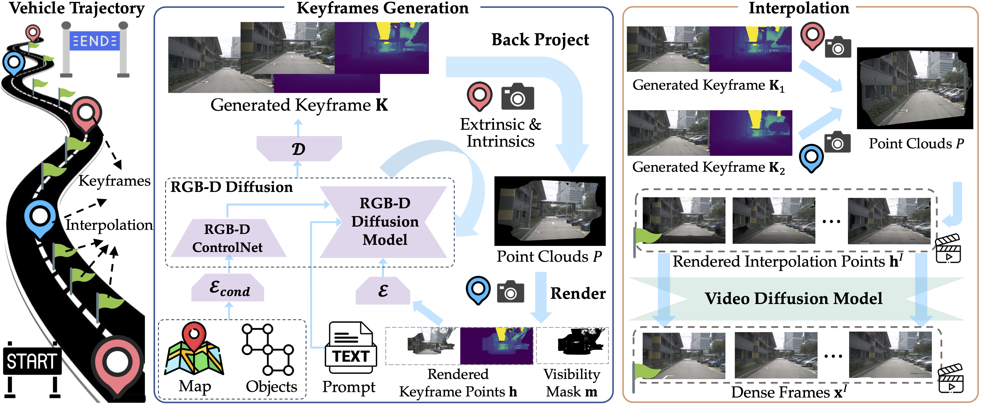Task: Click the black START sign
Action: (x=32, y=360)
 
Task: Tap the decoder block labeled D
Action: (x=299, y=149)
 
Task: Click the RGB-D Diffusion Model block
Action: (x=384, y=222)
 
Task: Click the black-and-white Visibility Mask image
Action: (x=572, y=345)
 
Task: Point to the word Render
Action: (x=578, y=293)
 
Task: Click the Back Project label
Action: (x=540, y=40)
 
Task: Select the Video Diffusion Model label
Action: (x=793, y=299)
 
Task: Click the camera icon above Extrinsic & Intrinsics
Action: (x=517, y=97)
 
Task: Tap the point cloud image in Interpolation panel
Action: (x=915, y=88)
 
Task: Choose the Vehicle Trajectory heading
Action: (x=77, y=8)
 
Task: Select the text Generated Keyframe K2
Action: (x=708, y=167)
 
